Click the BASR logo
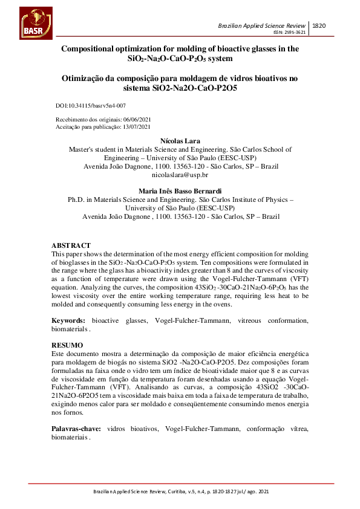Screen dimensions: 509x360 [36, 24]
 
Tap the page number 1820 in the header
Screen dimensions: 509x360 [319, 25]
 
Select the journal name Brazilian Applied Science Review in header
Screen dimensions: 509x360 [263, 26]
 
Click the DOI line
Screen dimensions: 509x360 [91, 105]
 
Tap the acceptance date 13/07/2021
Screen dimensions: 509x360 [137, 127]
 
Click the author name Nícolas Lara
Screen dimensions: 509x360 [180, 141]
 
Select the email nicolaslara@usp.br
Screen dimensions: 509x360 [180, 175]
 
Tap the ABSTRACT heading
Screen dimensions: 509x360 [71, 246]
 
